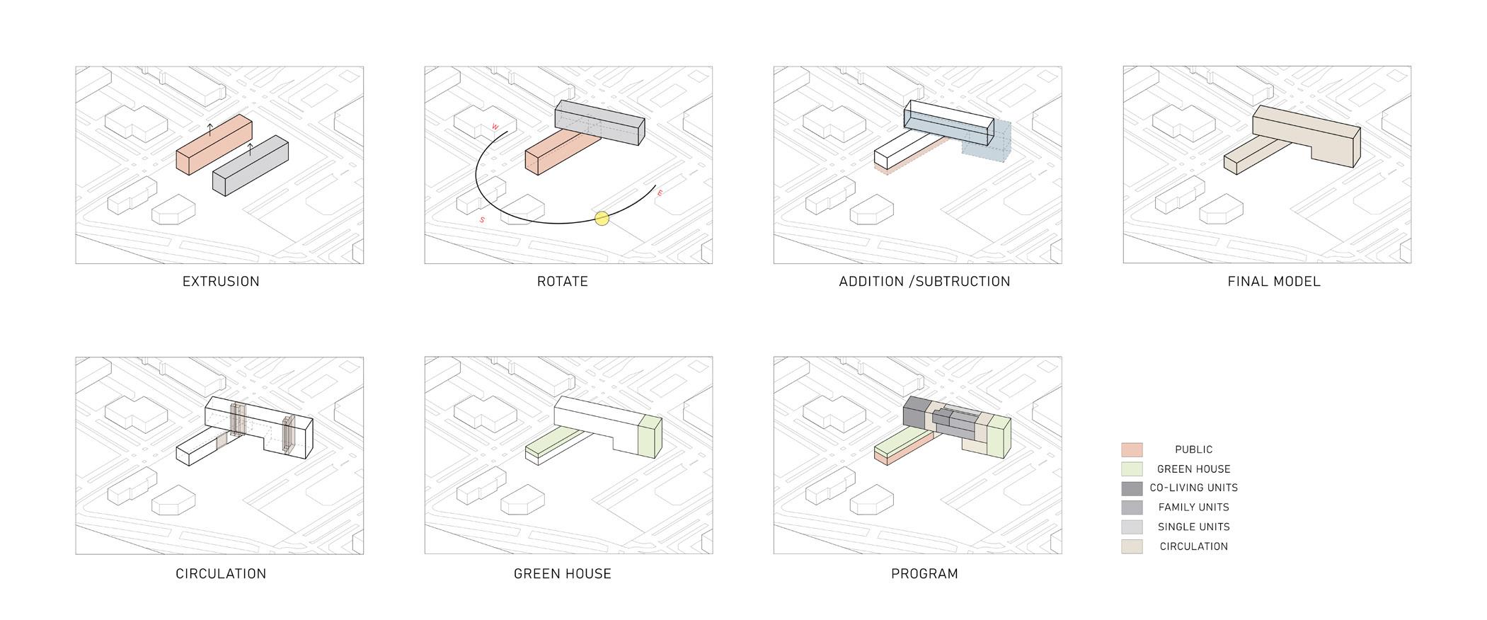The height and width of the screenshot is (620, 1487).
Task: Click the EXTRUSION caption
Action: [221, 282]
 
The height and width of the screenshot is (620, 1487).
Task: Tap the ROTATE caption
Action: [563, 282]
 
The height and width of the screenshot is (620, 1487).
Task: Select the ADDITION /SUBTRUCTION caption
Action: [924, 282]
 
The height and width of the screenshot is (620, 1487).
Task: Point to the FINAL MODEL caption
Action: [1274, 282]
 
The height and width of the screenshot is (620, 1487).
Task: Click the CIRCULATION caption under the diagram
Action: [221, 574]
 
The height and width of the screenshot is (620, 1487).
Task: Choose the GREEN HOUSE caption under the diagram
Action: [563, 574]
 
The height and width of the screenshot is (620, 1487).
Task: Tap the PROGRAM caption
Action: [924, 574]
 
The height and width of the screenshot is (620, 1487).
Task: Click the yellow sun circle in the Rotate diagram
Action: [602, 218]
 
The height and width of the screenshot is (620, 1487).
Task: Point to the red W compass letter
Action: [496, 127]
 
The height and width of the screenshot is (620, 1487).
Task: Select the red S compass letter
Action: [483, 220]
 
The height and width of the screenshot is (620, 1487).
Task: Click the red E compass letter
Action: [660, 193]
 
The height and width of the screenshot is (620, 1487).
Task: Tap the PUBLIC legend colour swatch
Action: [1132, 449]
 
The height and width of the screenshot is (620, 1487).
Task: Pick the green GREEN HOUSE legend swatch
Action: [1132, 469]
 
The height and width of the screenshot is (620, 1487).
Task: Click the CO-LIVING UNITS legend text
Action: [1193, 488]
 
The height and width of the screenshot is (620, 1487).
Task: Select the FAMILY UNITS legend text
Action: [1193, 507]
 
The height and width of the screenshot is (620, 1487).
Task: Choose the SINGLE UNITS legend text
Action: [1193, 527]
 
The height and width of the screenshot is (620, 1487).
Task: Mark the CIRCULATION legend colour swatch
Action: [1132, 546]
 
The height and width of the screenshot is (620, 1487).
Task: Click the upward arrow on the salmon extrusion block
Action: [209, 129]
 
